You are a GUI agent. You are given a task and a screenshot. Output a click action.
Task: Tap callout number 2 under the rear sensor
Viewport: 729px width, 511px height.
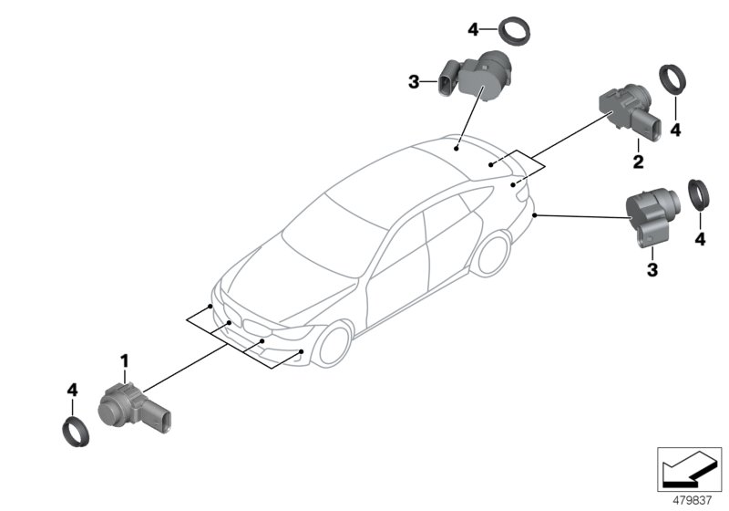point(638,162)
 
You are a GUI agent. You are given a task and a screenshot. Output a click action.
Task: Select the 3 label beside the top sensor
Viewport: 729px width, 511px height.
point(414,83)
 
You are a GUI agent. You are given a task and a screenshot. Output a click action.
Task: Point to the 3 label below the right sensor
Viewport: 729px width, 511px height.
point(652,269)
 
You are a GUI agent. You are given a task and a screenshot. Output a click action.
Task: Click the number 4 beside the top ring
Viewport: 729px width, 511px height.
point(473,30)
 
